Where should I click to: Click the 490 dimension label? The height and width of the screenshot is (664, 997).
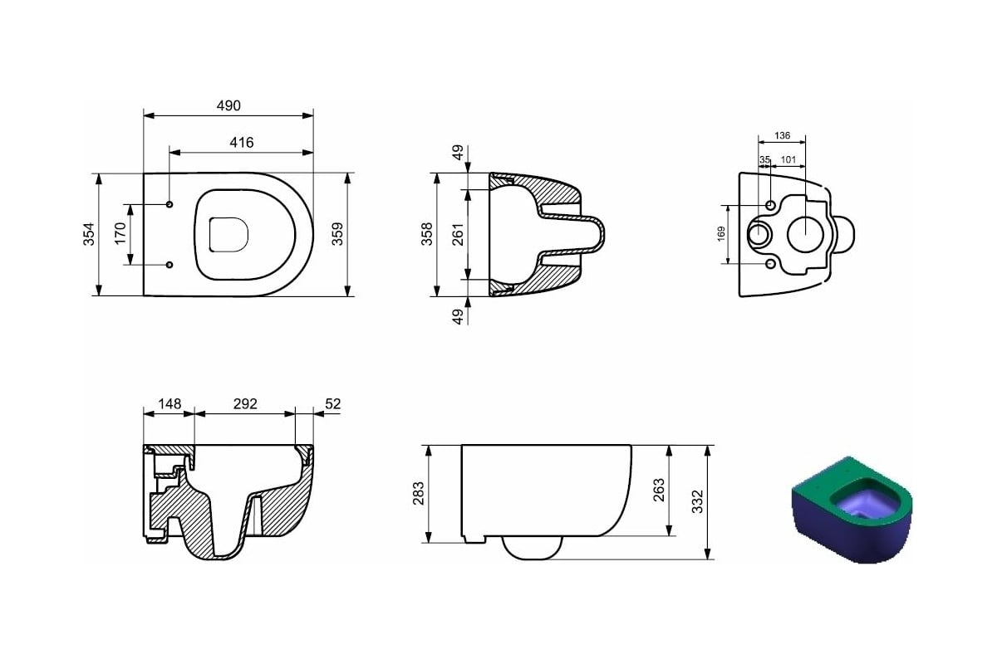(228, 106)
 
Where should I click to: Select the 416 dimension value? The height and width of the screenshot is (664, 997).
(242, 143)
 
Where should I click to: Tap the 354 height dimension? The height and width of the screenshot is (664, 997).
(89, 234)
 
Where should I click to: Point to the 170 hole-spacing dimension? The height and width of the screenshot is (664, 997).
(120, 234)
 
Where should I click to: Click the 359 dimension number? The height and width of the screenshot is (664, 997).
(338, 234)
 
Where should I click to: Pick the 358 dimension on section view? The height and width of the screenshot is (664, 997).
(427, 234)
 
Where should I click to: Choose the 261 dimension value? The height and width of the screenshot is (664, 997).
(458, 234)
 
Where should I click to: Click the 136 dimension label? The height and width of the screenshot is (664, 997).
(782, 135)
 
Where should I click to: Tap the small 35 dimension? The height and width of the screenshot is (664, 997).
(764, 159)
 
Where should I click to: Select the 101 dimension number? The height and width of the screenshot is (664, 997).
(788, 159)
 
